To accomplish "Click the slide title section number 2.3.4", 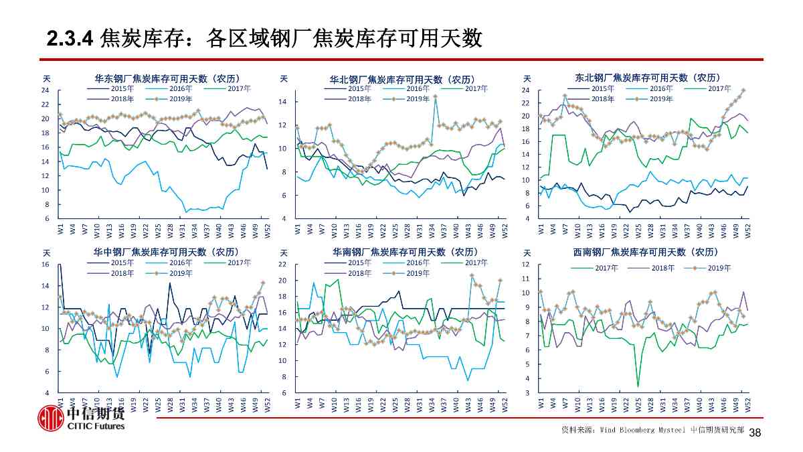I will point(69,40).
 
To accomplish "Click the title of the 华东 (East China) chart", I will point(167,78).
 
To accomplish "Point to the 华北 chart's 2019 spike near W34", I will point(435,96).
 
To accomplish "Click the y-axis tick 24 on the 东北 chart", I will point(527,90).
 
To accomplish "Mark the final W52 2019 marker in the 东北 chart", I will point(743,90).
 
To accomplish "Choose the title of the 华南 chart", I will point(405,252).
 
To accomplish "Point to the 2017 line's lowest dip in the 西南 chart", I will point(638,386).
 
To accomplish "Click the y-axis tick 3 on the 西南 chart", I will point(529,392).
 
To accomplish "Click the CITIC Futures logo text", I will point(96,426).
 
